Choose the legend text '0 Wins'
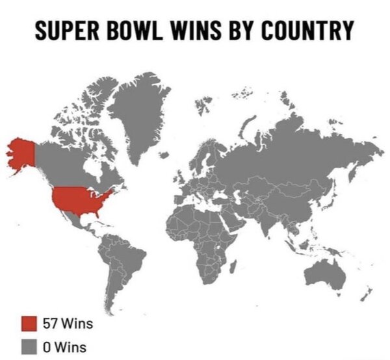coord(64,346)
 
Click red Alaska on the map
coord(21,154)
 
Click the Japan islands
coord(325,195)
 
